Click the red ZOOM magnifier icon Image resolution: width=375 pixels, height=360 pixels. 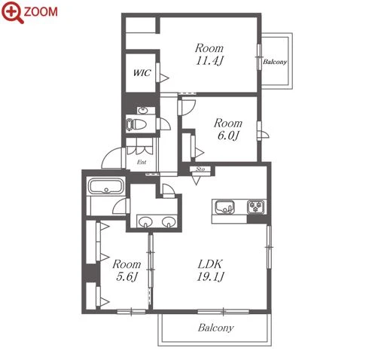[x=12, y=12]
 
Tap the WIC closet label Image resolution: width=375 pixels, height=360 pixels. [x=142, y=73]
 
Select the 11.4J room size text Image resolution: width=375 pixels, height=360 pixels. [x=209, y=60]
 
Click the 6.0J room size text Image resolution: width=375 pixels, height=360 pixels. [x=228, y=136]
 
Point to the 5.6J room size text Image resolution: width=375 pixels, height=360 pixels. [x=127, y=276]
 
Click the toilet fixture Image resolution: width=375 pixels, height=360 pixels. [x=136, y=124]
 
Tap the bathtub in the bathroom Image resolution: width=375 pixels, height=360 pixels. [x=106, y=187]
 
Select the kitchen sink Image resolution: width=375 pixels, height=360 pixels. [x=224, y=207]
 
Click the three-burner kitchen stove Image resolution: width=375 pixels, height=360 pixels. [x=256, y=207]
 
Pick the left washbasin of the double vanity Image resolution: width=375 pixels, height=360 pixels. [x=146, y=222]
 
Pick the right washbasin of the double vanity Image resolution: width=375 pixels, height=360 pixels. [x=169, y=222]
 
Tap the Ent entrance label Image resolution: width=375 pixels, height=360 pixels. [x=142, y=162]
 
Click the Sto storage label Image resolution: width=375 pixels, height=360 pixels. [x=200, y=169]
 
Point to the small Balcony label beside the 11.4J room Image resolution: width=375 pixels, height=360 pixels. [x=275, y=62]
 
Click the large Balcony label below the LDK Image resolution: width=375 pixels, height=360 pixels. [x=216, y=328]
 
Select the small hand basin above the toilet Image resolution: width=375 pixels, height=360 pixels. [x=143, y=110]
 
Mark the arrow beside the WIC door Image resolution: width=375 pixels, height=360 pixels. [x=164, y=78]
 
